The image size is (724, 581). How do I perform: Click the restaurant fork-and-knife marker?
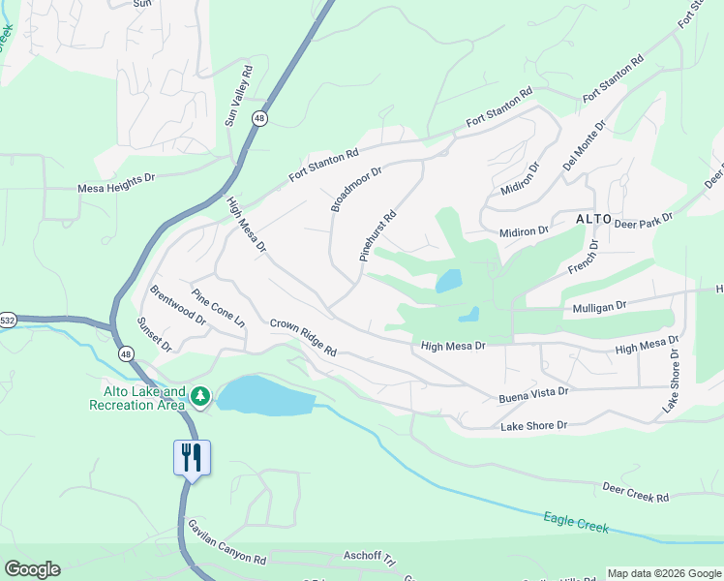coord(191,457)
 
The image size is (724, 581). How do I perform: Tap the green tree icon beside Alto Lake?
coord(200,396)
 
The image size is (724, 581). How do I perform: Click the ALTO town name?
coord(593,219)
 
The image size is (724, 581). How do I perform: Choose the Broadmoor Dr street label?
coord(356,188)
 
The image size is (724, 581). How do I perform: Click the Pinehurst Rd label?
coord(378,237)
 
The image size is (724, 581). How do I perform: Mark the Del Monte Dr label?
coord(586,146)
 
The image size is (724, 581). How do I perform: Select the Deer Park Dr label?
coord(643,223)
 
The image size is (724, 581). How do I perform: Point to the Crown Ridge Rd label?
coord(302,337)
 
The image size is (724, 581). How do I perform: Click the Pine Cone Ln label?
coord(218,309)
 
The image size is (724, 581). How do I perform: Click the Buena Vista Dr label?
coord(532,392)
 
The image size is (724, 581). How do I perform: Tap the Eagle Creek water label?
coord(575,523)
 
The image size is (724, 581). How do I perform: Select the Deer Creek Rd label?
coord(636,492)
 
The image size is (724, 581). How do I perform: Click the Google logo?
coord(32,569)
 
